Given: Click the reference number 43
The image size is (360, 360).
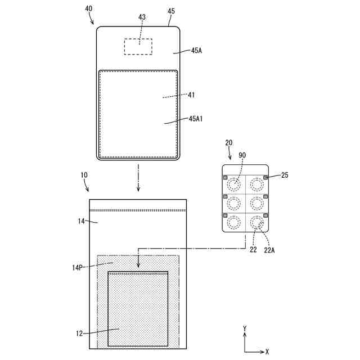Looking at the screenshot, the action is (142, 17).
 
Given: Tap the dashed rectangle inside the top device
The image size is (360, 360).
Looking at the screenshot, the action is (138, 39).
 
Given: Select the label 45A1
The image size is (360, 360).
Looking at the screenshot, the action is (195, 119).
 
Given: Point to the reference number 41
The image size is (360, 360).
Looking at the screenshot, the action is (191, 95).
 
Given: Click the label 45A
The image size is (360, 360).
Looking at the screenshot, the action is (196, 51).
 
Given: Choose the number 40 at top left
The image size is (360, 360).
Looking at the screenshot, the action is (89, 9).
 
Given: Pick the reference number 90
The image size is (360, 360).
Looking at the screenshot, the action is (242, 155).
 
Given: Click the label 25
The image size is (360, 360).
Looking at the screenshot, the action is (285, 175).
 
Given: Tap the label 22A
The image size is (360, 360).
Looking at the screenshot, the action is (269, 250).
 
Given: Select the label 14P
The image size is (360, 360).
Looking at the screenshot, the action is (77, 268).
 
